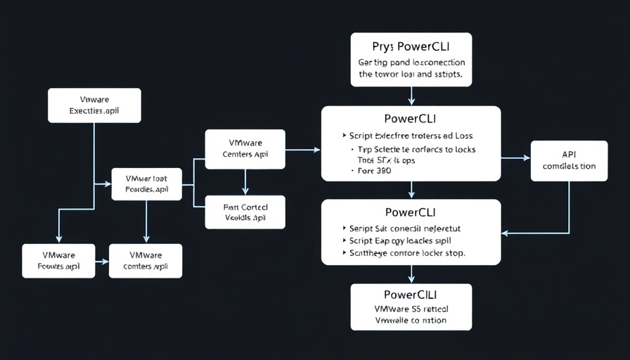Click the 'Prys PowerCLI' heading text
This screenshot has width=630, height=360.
411,47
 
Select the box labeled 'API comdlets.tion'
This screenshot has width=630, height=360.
569,160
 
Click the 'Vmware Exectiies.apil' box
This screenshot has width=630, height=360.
94,105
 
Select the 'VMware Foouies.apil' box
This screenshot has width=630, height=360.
58,260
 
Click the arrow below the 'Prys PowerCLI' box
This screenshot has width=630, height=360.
411,96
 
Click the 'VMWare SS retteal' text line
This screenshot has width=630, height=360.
411,309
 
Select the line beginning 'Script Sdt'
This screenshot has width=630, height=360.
411,229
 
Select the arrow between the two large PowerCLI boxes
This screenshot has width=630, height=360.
411,190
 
